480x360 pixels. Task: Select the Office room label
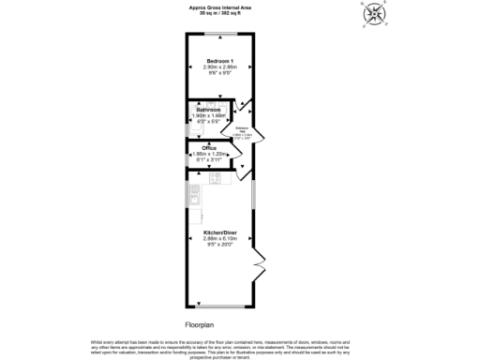pos(210,148)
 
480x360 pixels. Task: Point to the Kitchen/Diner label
pos(218,232)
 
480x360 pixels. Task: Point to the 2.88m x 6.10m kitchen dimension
pos(218,238)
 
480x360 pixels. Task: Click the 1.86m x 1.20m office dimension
pos(210,155)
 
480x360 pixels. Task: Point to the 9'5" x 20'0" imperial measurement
pos(218,244)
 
